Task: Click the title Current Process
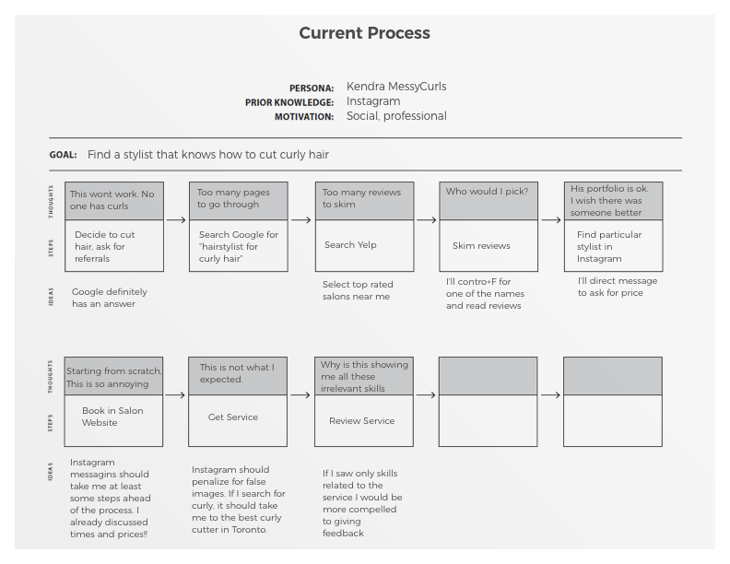tap(364, 33)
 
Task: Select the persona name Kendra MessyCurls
tap(396, 87)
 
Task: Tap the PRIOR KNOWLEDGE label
tap(289, 102)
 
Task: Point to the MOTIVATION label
tap(304, 117)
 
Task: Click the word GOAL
tap(63, 155)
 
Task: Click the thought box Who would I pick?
tap(488, 200)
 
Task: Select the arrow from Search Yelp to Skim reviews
tap(426, 220)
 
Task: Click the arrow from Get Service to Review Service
tap(300, 395)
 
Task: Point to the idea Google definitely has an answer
tap(110, 298)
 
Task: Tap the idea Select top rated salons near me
tap(356, 290)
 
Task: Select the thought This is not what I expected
tap(237, 373)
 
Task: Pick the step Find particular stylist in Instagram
tap(609, 246)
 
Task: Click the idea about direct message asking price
tap(617, 287)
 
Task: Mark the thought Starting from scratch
tap(113, 376)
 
